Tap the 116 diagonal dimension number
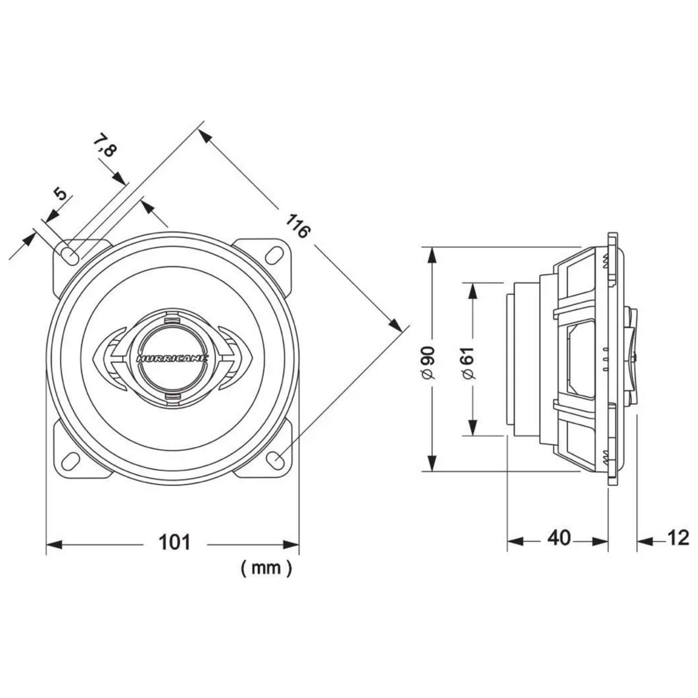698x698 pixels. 298,226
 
